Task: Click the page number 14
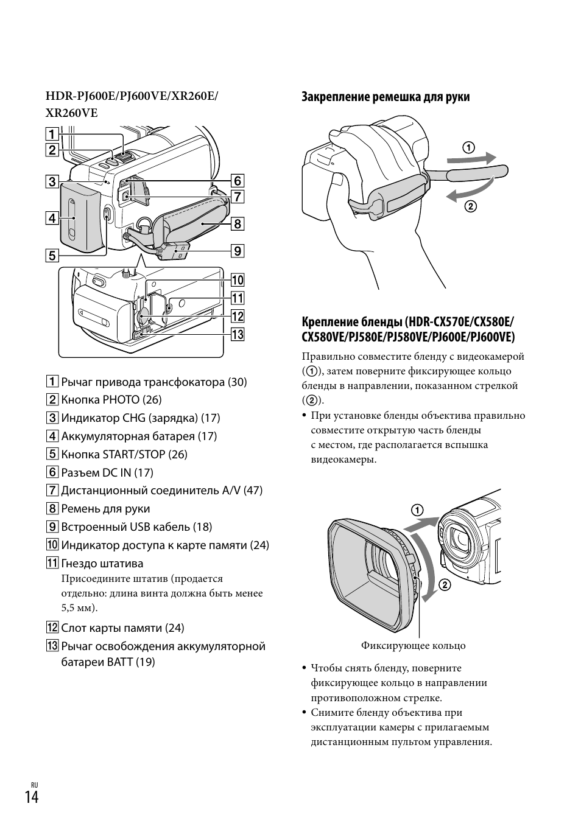click(x=32, y=797)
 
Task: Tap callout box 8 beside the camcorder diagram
click(x=237, y=223)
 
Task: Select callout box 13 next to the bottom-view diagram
click(x=237, y=334)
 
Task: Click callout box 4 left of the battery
click(x=52, y=218)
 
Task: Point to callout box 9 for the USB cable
click(x=237, y=251)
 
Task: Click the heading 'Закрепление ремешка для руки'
click(x=386, y=97)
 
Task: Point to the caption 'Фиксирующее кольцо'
click(x=413, y=646)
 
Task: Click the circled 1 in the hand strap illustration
click(x=468, y=147)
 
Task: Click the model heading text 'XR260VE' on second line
click(x=71, y=113)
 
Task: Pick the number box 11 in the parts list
click(x=52, y=564)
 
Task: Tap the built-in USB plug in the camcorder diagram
click(x=177, y=251)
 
